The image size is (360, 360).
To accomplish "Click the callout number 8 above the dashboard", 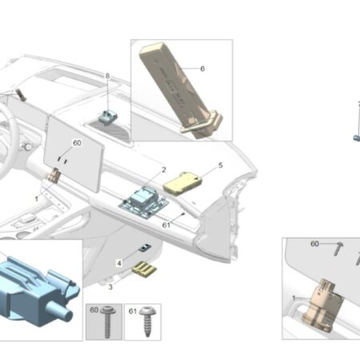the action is pos(107,76).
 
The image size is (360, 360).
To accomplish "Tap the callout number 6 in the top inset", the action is pos(202,69).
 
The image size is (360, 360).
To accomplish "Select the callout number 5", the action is pos(220,166).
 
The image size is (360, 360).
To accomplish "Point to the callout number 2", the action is pos(164,170).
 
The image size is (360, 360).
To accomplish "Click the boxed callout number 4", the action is pos(119,263).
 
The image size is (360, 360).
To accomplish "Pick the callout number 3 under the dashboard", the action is pos(110,287).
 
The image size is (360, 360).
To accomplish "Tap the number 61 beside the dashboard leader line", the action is pos(166,226).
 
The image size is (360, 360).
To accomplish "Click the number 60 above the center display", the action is pos(77,143).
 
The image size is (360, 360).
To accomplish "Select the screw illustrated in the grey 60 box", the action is pos(108,321).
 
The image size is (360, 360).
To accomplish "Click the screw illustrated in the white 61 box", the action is pos(146,321).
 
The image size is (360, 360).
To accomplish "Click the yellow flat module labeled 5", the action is pos(182,184).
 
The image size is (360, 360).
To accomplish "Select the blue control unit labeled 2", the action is pos(143,202).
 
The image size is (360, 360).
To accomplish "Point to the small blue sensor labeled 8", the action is pos(107,117).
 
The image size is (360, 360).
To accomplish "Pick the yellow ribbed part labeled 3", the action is pos(144,270).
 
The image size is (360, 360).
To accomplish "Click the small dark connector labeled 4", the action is pos(144,248).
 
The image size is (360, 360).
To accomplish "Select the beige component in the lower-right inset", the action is pos(322,306).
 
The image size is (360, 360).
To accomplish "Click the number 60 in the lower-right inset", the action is pos(314,244).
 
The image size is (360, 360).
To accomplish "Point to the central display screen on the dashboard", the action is pos(74,153).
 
